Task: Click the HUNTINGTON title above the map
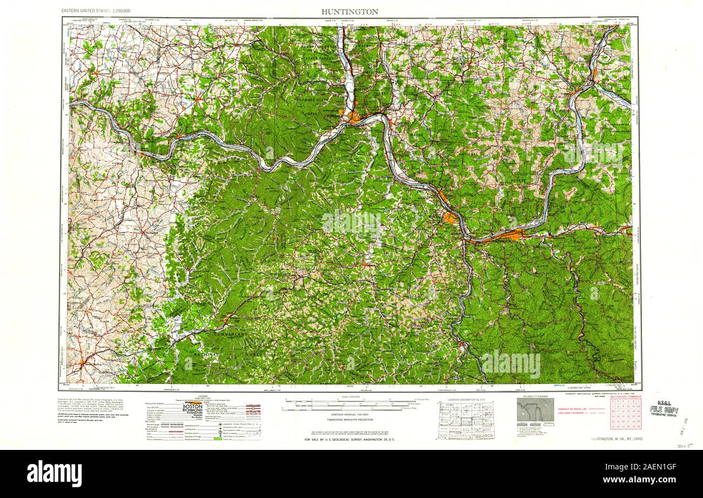pyautogui.click(x=349, y=11)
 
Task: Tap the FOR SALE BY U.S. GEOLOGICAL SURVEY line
pyautogui.click(x=349, y=440)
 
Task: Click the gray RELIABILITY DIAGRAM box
pyautogui.click(x=535, y=411)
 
